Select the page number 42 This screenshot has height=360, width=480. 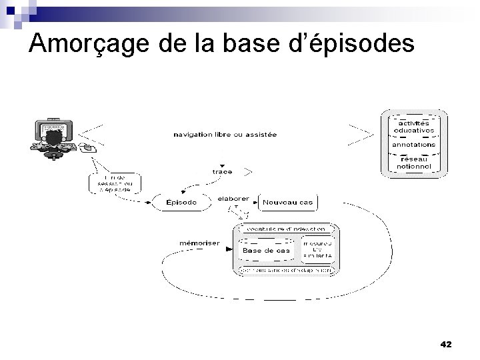coord(446,344)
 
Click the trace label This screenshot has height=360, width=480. coord(221,171)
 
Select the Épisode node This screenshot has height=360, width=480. coord(181,203)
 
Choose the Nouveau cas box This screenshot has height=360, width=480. coord(287,203)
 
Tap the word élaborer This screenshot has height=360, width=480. coord(233,198)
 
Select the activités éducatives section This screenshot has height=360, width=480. coord(415,126)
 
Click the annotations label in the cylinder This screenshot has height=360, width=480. coord(413,144)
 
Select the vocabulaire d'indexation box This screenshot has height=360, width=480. coord(287,229)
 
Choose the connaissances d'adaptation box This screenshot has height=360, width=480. coord(287,271)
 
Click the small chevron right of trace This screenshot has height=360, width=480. coord(247,171)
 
